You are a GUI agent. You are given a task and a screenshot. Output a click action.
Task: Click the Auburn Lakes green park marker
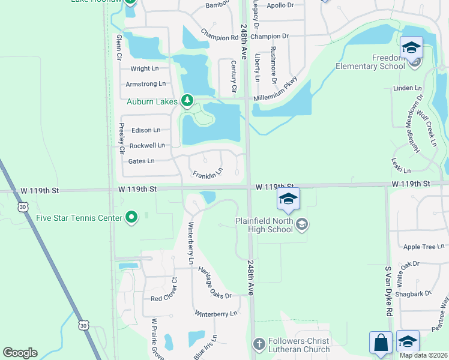click(187, 101)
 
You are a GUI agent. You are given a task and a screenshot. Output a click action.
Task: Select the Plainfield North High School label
click(264, 225)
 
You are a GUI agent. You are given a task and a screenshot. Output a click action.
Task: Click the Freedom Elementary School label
click(370, 62)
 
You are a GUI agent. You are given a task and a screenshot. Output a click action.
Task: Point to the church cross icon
click(259, 345)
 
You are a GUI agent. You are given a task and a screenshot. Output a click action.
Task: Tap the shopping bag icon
click(381, 343)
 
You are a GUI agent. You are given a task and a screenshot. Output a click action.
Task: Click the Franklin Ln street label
click(207, 174)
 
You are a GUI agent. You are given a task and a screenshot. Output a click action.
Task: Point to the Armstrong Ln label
click(146, 84)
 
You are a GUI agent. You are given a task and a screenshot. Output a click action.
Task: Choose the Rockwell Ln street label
click(147, 145)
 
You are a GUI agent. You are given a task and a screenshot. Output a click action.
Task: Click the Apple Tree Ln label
click(424, 247)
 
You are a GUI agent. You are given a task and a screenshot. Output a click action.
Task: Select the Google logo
click(20, 353)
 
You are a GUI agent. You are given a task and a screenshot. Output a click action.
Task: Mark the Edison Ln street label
click(146, 130)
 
